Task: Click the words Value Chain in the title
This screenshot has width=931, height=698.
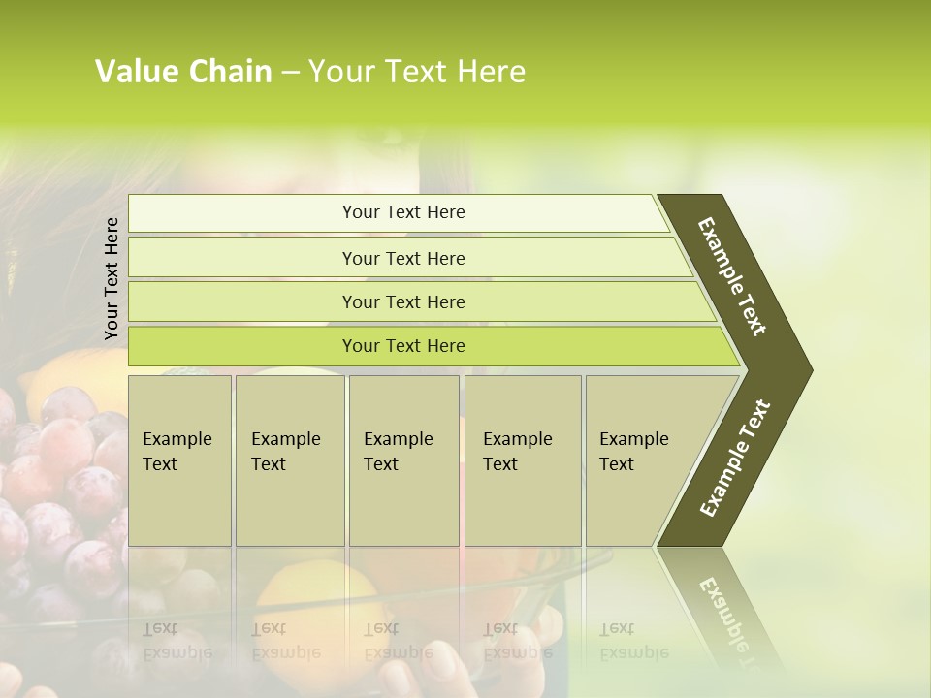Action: point(183,72)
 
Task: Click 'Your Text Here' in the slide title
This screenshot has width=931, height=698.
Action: point(417,72)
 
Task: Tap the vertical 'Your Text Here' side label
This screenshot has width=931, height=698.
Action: point(112,278)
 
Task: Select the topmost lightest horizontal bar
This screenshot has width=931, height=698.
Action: point(402,212)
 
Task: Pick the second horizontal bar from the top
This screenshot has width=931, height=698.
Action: point(402,258)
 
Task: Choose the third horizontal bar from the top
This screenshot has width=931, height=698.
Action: point(402,301)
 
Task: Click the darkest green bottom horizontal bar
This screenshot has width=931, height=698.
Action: point(402,346)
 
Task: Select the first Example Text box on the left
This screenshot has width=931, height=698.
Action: point(179,460)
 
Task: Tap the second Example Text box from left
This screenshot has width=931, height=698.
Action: point(290,460)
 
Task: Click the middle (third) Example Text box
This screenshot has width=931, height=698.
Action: point(403,460)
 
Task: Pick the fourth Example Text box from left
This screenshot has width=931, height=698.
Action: point(523,460)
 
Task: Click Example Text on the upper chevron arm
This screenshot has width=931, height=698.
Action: point(732,276)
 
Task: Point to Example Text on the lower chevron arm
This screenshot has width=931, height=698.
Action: point(735,459)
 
